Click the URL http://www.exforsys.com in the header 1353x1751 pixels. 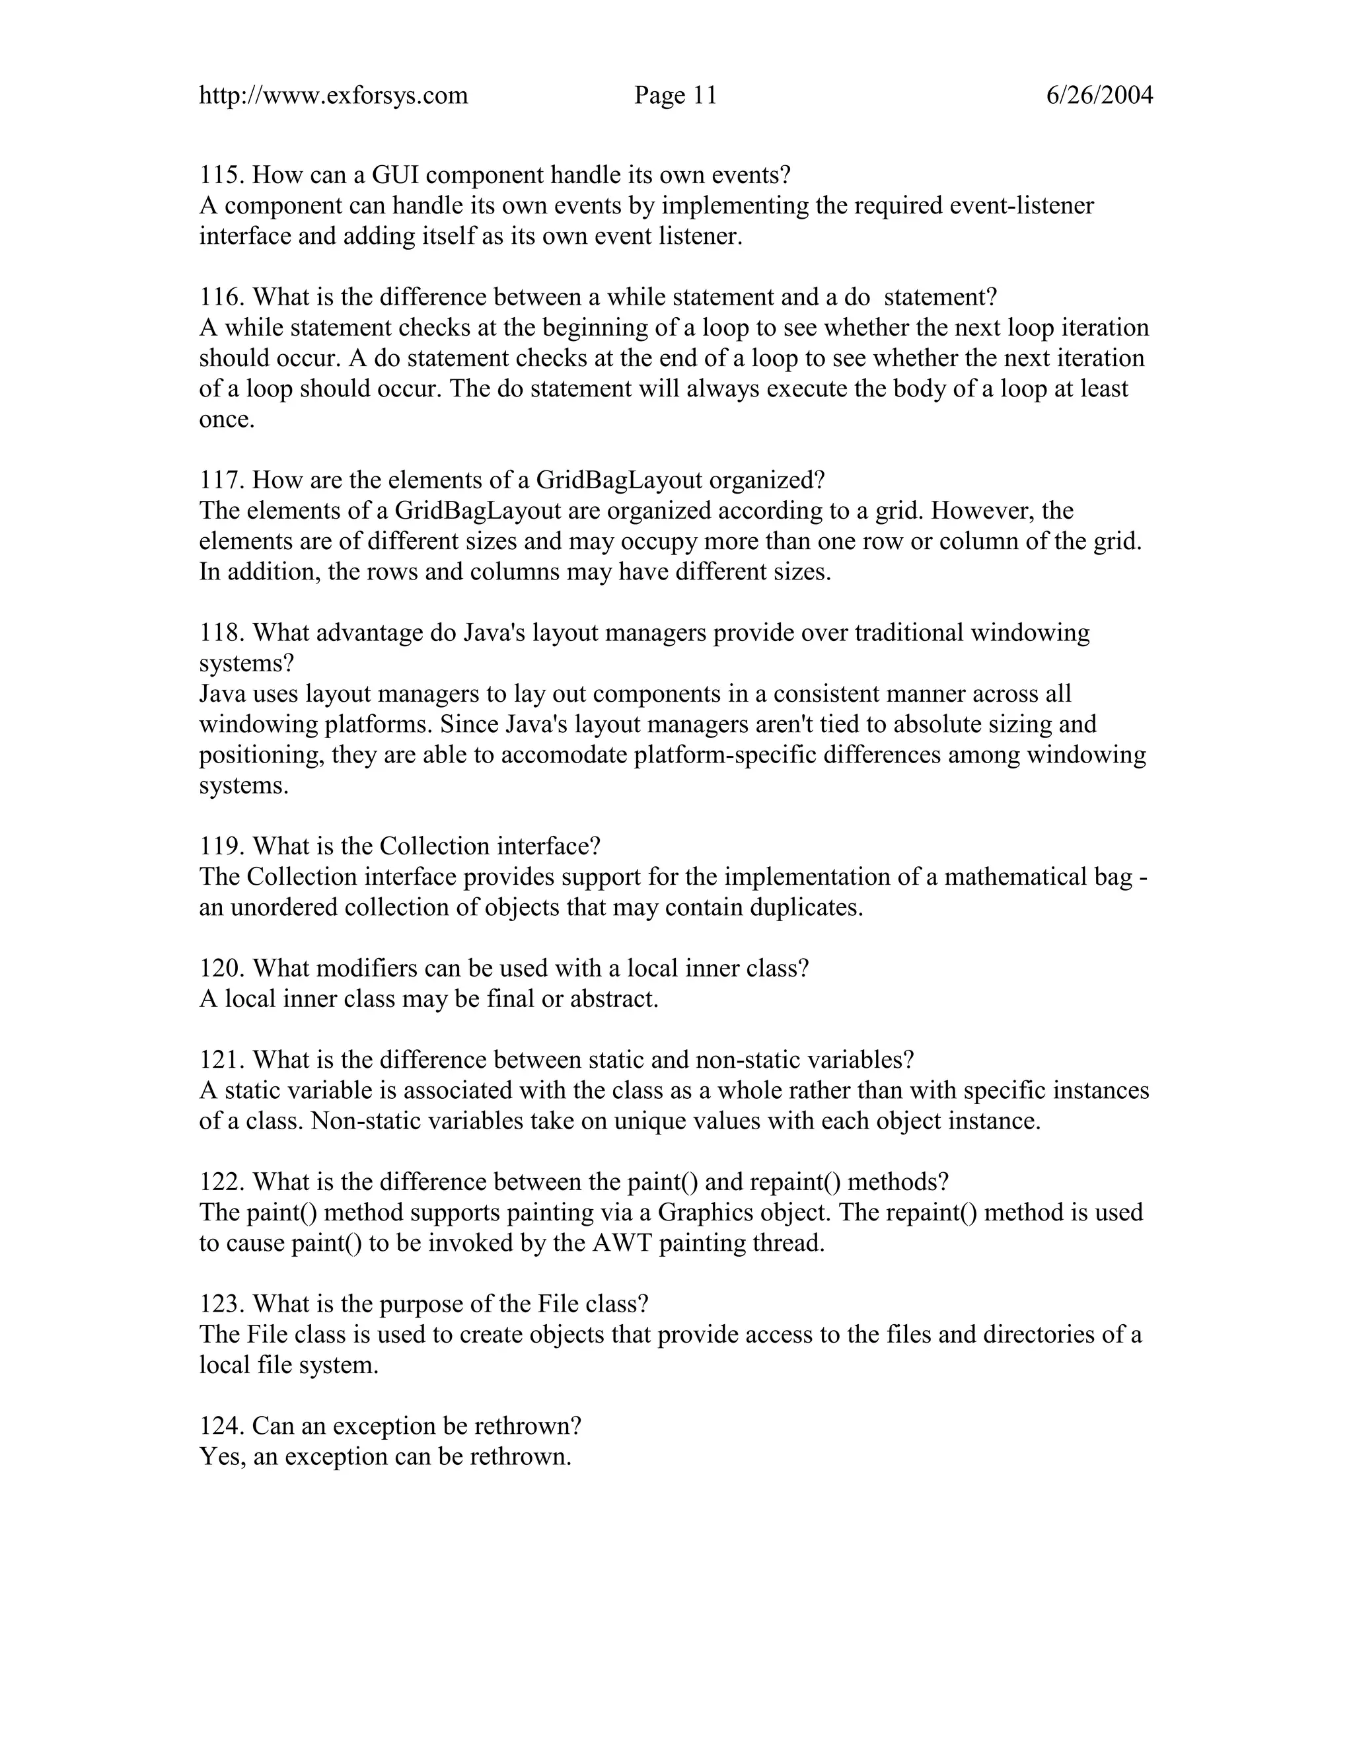[333, 96]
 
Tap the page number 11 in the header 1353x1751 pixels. [704, 96]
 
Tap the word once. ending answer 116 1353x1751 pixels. [226, 420]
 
